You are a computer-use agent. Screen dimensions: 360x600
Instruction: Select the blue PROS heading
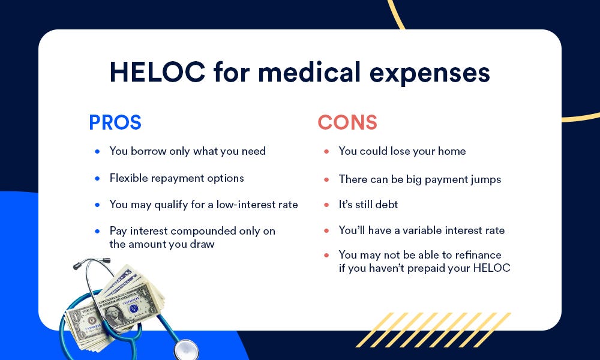tap(115, 122)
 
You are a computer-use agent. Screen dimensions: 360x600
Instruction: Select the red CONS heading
tap(347, 122)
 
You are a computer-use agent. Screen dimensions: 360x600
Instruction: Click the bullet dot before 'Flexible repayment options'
tap(97, 178)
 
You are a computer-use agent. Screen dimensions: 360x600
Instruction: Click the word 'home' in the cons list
tap(451, 151)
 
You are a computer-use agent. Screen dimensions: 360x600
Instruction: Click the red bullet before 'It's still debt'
tap(326, 205)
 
